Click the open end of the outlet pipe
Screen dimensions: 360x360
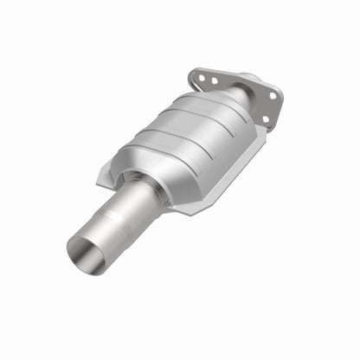(x=87, y=253)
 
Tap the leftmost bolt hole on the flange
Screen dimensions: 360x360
(x=200, y=77)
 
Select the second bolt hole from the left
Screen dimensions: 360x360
(x=213, y=81)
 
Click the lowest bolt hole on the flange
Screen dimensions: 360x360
(x=265, y=119)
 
